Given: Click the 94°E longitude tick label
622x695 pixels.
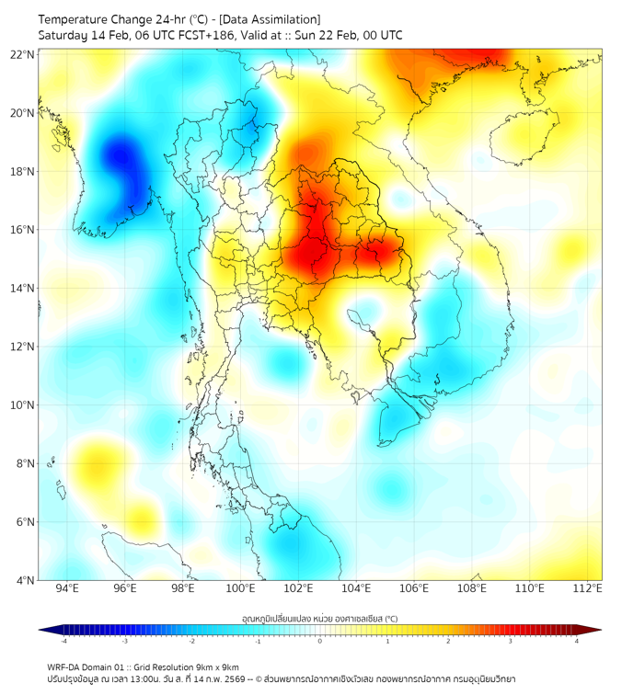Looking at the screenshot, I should point(67,588).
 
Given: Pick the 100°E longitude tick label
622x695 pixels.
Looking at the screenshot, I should point(240,588).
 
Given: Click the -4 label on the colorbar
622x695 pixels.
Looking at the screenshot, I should point(63,641).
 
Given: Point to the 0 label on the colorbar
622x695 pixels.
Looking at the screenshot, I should point(320,641).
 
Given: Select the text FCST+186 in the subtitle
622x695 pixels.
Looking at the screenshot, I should point(185,35).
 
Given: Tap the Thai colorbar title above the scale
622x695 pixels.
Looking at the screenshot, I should point(319,618).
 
